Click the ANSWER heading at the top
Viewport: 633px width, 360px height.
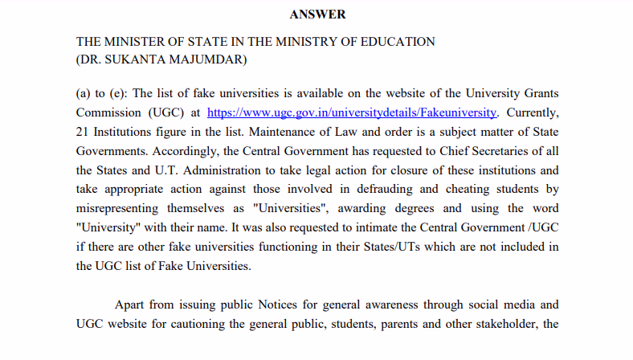tap(317, 14)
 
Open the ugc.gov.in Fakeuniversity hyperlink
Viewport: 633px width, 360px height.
tap(352, 112)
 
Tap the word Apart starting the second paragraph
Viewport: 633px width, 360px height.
tap(131, 305)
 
